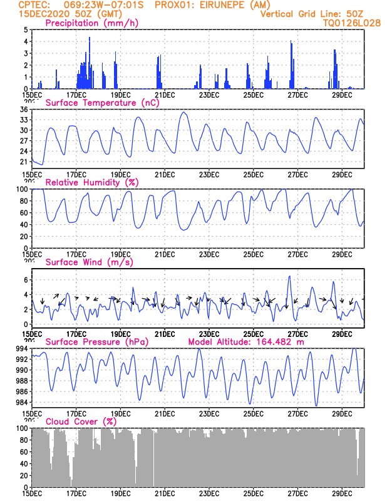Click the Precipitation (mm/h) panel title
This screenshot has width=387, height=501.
point(91,23)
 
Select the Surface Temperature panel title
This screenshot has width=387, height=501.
point(102,103)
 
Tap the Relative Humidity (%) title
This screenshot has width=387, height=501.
point(92,182)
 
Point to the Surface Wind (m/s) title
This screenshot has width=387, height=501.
point(89,262)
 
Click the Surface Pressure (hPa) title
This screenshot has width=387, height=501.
point(97,342)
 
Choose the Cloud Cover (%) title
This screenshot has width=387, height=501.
point(81,421)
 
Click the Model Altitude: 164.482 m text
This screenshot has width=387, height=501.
point(246,342)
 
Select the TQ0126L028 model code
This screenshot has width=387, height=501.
point(351,23)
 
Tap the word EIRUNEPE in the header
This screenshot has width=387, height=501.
point(227,5)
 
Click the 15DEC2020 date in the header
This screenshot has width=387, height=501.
point(44,14)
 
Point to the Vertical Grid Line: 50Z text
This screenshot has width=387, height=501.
point(312,14)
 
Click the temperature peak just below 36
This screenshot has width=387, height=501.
point(183,112)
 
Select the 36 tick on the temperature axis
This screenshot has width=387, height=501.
point(24,110)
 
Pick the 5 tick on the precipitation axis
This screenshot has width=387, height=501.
point(26,29)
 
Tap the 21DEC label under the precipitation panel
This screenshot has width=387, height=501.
point(165,95)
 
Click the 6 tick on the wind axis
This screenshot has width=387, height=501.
point(26,280)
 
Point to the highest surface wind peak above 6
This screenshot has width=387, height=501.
point(289,276)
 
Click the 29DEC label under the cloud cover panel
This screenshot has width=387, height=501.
point(342,493)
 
